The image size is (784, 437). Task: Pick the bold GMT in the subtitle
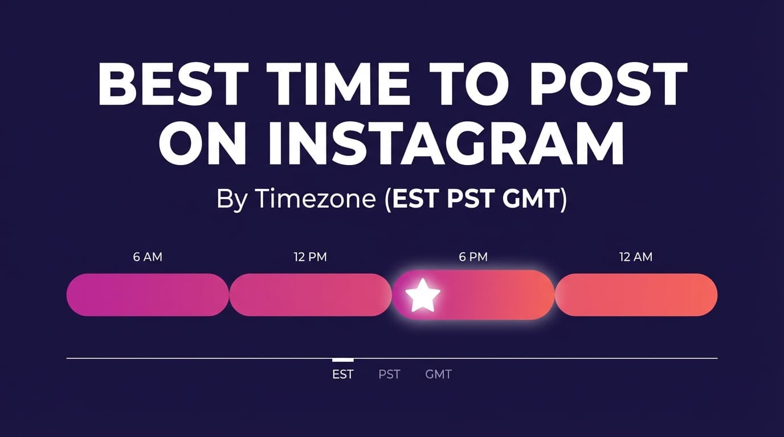[x=530, y=200]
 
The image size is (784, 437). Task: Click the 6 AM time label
[x=148, y=257]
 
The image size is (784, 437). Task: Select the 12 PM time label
[x=311, y=257]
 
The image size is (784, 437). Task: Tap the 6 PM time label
[x=473, y=257]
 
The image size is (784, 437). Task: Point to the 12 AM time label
[x=636, y=257]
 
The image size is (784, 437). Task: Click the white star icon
[x=423, y=295]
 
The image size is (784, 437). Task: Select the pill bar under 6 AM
[x=148, y=295]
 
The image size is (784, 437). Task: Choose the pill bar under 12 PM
[x=311, y=295]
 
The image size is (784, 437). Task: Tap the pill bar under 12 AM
[x=636, y=295]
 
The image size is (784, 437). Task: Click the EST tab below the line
[x=343, y=374]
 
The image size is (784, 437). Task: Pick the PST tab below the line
[x=390, y=374]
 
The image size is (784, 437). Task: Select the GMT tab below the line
[x=438, y=374]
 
